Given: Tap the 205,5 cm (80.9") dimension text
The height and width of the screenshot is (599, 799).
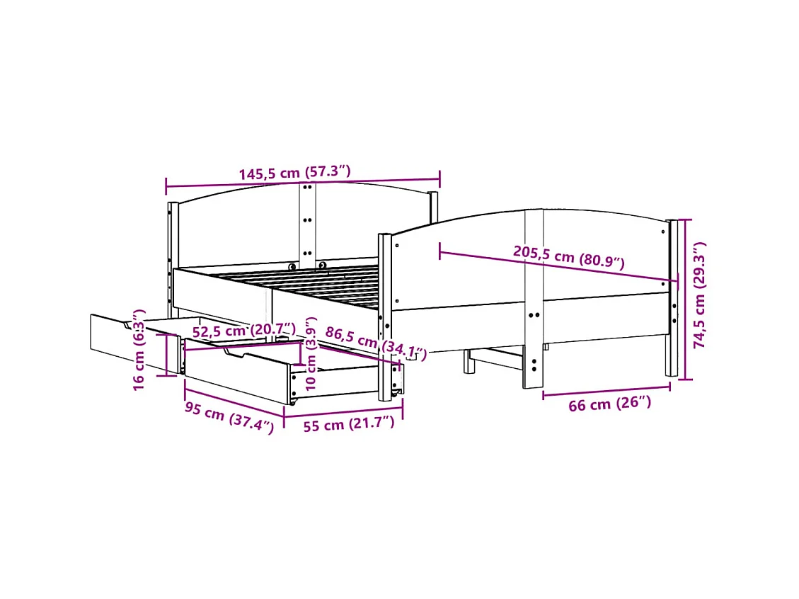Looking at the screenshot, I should tap(569, 258).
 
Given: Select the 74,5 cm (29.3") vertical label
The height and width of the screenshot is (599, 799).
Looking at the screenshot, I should tap(700, 295).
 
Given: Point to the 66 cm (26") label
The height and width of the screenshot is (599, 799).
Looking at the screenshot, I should tap(609, 404).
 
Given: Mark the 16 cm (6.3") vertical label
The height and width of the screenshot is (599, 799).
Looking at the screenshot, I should tap(139, 348).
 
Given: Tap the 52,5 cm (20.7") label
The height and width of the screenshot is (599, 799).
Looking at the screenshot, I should tap(244, 330).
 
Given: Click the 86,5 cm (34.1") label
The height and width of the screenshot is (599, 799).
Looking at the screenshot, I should tap(376, 343).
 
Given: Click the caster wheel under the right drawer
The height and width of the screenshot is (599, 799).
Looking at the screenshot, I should tap(292, 401).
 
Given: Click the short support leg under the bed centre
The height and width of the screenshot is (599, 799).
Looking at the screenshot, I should tap(467, 361).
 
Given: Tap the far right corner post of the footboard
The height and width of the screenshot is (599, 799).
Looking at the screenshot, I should tap(671, 297).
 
